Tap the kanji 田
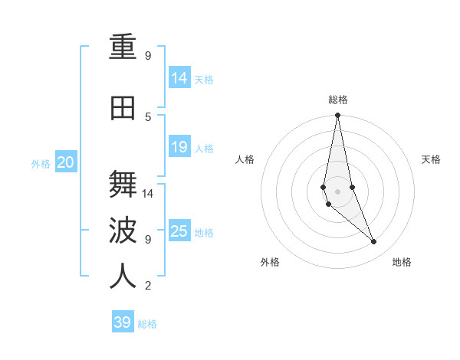tap(123, 109)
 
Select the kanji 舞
tap(123, 183)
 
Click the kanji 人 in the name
tap(123, 276)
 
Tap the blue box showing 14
tap(179, 77)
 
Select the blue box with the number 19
tap(179, 147)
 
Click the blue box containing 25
tap(179, 231)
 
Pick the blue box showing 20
tap(66, 162)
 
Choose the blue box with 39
tap(123, 322)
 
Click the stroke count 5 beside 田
tap(148, 116)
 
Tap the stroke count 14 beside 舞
tap(149, 194)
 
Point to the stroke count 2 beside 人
tap(148, 286)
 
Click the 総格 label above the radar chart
tap(337, 100)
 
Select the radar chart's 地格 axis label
tap(402, 262)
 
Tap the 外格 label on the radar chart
tap(270, 262)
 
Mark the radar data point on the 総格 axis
tap(337, 116)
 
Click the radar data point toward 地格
tap(374, 242)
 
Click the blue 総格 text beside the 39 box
tap(148, 324)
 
